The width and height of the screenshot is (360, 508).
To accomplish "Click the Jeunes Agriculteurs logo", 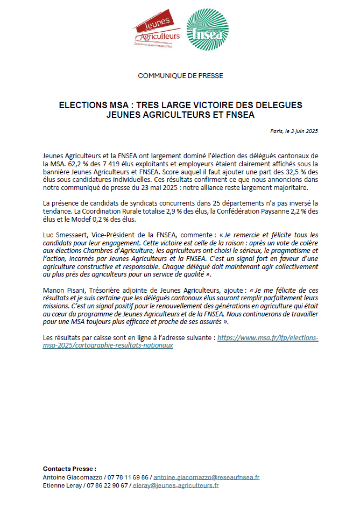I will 157,31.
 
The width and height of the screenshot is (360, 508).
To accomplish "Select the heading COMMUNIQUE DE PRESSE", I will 180,76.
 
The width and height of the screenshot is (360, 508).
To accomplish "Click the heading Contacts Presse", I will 69,469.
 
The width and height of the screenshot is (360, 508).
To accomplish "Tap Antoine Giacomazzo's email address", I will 206,477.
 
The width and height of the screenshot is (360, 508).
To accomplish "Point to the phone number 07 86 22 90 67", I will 109,485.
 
